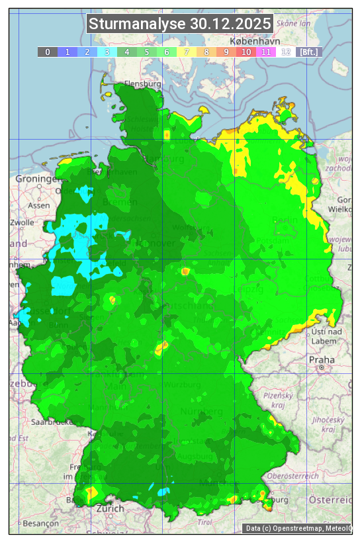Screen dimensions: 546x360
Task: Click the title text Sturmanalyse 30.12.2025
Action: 180,24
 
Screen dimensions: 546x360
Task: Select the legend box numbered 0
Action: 48,52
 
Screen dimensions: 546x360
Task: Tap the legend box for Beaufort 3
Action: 107,52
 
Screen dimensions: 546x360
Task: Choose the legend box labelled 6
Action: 167,52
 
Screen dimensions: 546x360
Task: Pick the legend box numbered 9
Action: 226,52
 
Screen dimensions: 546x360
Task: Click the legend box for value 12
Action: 286,52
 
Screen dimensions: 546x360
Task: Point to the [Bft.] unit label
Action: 309,52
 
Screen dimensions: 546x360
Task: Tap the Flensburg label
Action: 143,85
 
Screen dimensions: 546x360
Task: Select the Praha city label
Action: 321,359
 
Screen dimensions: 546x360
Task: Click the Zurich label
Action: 110,508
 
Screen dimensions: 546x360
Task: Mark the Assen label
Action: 39,205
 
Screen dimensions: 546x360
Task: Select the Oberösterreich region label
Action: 293,476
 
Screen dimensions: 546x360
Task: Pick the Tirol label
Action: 204,522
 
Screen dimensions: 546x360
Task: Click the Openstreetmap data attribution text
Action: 297,528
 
